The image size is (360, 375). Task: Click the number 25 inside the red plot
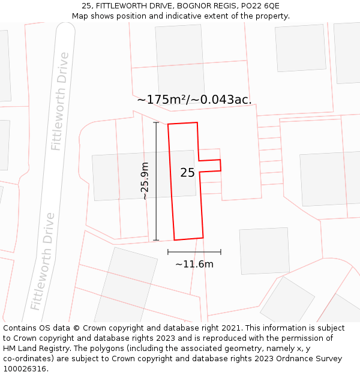click(x=187, y=173)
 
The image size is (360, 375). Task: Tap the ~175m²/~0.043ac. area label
click(x=194, y=100)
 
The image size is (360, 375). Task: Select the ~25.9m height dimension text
click(x=145, y=181)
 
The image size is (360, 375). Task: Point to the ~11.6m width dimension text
click(x=194, y=264)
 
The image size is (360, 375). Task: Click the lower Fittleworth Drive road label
click(x=43, y=261)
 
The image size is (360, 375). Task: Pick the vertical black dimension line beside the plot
click(x=156, y=181)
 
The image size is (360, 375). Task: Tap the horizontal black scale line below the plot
click(x=194, y=252)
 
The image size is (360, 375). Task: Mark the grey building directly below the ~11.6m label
click(x=264, y=251)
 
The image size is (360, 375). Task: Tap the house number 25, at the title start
click(x=86, y=6)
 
